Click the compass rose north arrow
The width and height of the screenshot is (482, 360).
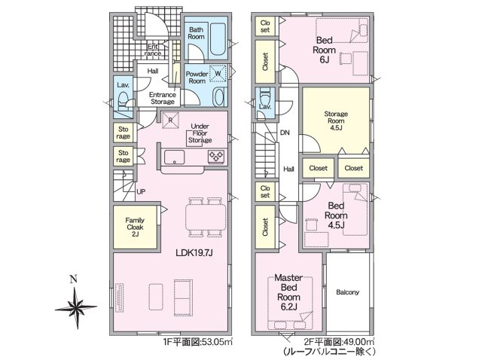coord(75,297)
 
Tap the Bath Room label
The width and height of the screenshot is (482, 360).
coord(196,33)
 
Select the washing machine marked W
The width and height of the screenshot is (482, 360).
coord(218,74)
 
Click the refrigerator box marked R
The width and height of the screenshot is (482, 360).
coord(170,121)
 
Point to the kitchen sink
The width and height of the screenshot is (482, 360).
coord(174,157)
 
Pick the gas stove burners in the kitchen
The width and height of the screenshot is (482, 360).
coord(216,157)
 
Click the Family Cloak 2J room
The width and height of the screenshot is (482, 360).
coord(135,227)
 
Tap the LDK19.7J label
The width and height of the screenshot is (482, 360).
coord(194,253)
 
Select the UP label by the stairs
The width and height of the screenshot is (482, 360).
coord(141,192)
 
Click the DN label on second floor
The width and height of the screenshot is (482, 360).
coord(285,133)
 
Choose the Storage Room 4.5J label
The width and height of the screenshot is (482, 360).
coord(336,121)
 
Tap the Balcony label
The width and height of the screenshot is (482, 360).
coord(347,292)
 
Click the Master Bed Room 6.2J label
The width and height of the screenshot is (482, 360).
coord(288,292)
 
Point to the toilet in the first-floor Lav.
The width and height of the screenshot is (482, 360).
coord(124,100)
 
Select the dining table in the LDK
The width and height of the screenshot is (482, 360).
coord(206,217)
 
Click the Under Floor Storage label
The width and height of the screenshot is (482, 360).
coord(200,133)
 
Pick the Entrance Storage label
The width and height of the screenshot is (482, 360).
coord(163,98)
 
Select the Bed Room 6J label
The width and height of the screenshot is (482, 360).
coord(324,50)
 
